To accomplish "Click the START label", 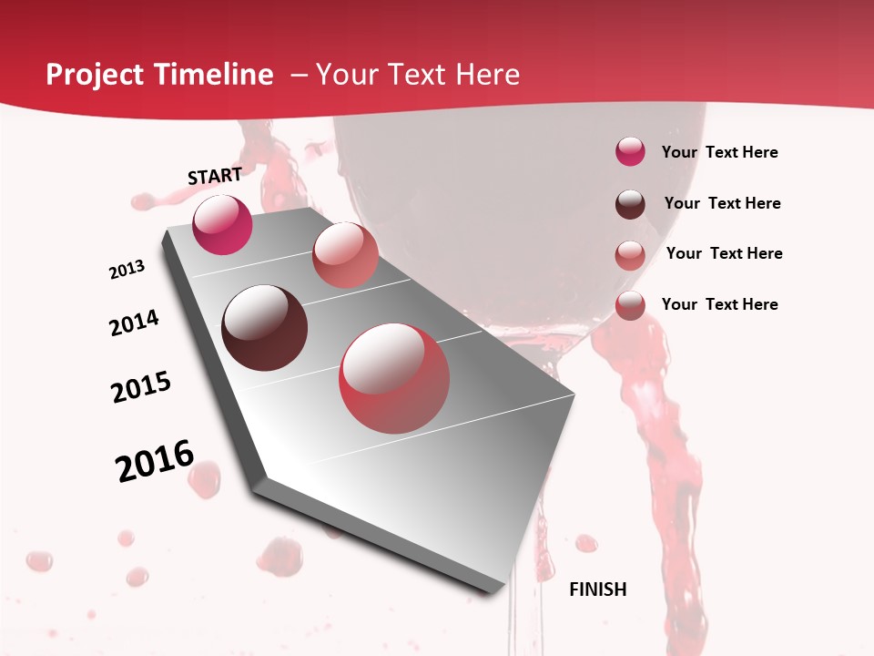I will [215, 176].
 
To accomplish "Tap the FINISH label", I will [598, 589].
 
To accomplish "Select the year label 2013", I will [127, 270].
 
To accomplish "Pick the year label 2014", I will [134, 323].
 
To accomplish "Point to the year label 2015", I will [141, 387].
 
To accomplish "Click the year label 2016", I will [155, 461].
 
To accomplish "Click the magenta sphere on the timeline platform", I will [222, 224].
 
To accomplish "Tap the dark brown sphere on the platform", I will [264, 328].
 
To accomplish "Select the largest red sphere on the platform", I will [394, 378].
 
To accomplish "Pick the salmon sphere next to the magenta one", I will [345, 254].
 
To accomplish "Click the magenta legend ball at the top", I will [630, 151].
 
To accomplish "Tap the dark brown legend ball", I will [630, 204].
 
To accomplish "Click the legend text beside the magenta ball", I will [719, 152].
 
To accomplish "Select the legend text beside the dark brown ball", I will [722, 203].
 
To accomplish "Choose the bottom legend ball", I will [630, 305].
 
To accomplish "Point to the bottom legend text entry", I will [719, 304].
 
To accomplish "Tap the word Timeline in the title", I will [216, 75].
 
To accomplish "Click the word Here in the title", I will [487, 75].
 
